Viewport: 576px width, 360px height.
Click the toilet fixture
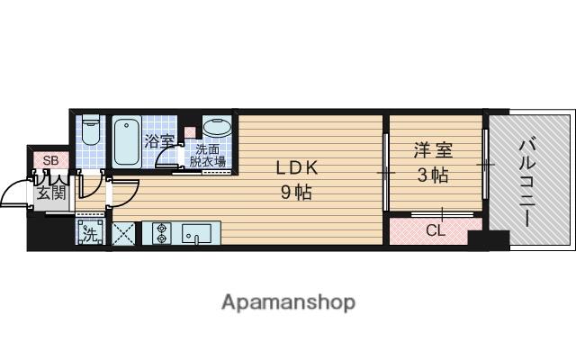point(89,134)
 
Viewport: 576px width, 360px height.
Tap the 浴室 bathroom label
point(158,141)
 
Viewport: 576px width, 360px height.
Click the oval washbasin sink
point(216,129)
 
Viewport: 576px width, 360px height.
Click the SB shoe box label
point(50,160)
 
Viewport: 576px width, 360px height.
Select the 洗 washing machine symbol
point(91,234)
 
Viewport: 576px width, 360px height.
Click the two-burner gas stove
point(160,234)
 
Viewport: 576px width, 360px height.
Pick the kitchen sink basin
point(196,234)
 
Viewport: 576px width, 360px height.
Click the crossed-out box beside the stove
point(123,234)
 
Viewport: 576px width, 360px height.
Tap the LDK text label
point(297,168)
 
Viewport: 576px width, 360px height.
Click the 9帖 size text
point(297,191)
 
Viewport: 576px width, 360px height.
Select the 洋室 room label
point(434,149)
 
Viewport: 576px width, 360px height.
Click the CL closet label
point(435,230)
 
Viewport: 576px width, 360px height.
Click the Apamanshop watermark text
point(287,301)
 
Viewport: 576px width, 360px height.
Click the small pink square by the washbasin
point(190,132)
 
